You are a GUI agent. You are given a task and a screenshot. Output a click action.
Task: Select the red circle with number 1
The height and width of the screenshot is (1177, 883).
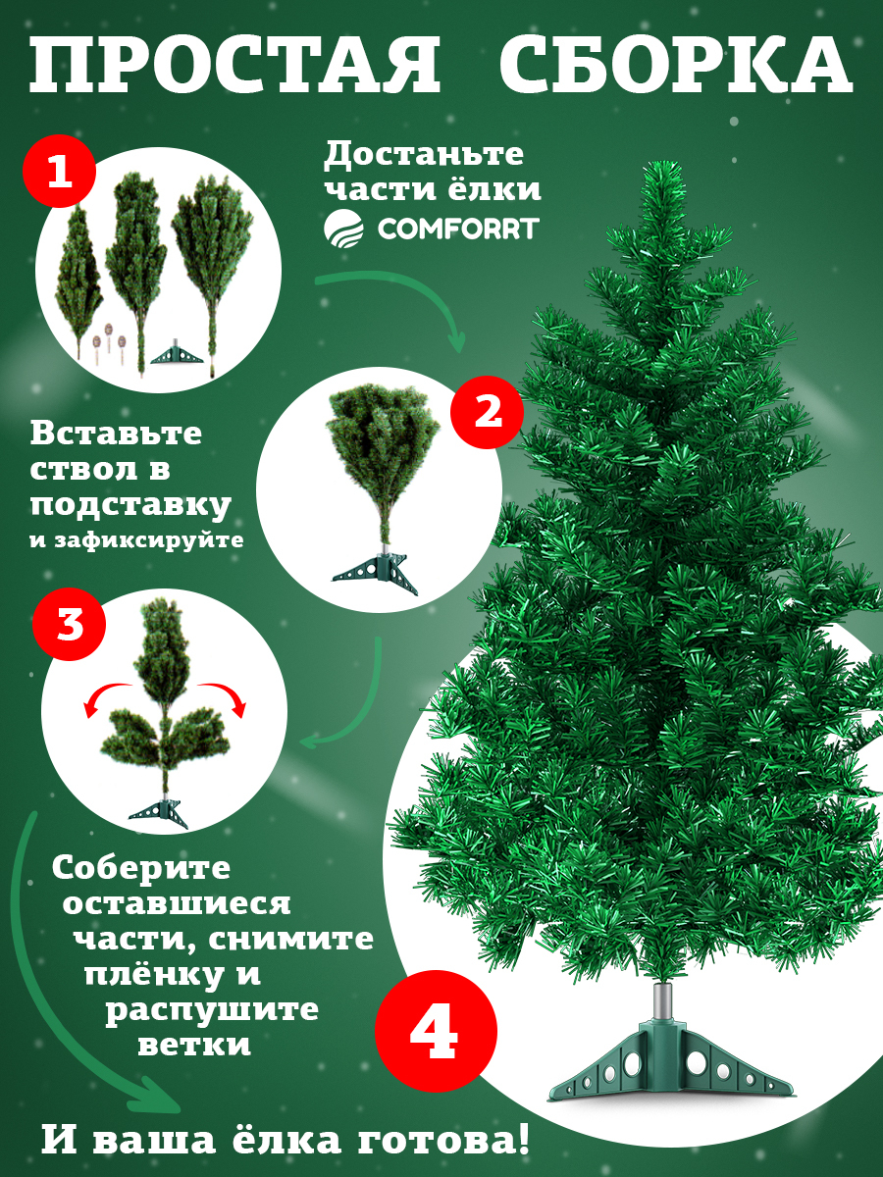tap(60, 172)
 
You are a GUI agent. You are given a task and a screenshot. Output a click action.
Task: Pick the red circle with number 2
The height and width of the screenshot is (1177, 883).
tap(488, 411)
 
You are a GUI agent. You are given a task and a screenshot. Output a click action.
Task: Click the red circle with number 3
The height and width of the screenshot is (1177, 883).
tap(69, 624)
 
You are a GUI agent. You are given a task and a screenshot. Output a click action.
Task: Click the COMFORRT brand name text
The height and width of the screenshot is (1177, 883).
tap(458, 229)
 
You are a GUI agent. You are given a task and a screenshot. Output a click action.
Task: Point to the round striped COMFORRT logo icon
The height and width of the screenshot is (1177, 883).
tap(343, 229)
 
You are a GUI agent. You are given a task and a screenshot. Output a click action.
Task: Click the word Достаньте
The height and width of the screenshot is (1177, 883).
tap(424, 154)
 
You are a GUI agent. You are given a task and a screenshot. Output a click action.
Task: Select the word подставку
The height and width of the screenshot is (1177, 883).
tap(130, 506)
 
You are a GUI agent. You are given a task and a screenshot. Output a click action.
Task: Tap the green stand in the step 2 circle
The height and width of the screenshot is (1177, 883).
tap(375, 575)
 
